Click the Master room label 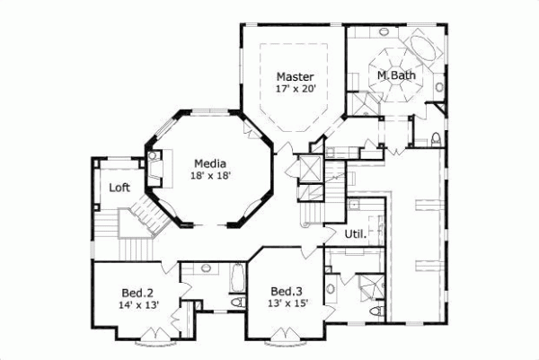[x=294, y=76]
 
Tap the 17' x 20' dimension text [x=294, y=89]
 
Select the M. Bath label [x=396, y=75]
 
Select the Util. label [x=354, y=234]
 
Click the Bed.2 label [x=137, y=292]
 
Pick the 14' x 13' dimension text [x=137, y=305]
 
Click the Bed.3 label [x=286, y=292]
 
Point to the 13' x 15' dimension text [x=286, y=305]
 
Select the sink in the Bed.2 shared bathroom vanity [x=207, y=268]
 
